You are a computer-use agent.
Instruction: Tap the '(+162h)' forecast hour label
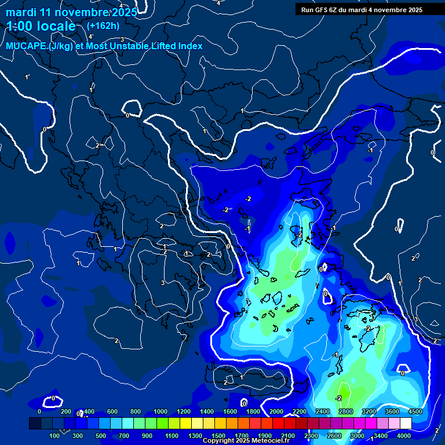[103, 25]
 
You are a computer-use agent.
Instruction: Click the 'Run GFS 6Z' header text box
[362, 10]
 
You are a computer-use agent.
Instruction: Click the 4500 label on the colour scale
[415, 411]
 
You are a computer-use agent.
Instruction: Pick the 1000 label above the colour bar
[161, 411]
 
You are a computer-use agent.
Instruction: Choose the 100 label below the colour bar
[55, 436]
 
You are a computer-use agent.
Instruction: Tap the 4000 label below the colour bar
[404, 436]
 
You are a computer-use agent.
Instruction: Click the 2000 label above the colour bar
[276, 411]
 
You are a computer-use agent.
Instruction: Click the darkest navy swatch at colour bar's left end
[35, 424]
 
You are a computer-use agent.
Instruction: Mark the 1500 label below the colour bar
[218, 436]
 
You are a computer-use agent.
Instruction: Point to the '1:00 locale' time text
[41, 26]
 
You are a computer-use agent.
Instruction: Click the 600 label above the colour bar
[112, 411]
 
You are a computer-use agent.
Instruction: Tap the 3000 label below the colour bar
[358, 436]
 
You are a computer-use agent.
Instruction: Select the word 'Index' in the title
[189, 46]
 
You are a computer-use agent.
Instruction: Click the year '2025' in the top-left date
[122, 12]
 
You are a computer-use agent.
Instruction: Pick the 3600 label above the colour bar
[392, 411]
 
